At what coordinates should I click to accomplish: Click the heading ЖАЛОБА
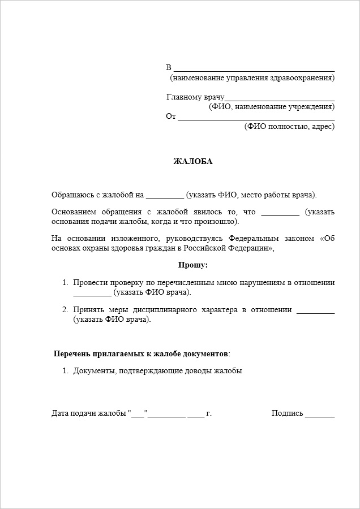[192, 161]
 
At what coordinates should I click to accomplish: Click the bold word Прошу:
[192, 265]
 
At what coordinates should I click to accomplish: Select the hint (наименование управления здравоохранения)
[252, 77]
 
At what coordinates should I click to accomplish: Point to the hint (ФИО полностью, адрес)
[289, 126]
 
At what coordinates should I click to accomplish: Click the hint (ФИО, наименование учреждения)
[271, 106]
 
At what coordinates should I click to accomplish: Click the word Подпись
[287, 413]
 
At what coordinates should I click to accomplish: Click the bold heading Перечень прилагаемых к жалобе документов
[141, 353]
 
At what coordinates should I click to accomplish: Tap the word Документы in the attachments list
[93, 371]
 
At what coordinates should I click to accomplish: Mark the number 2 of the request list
[65, 309]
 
